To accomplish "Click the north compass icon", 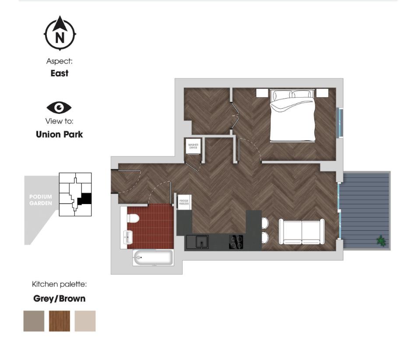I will point(60,33).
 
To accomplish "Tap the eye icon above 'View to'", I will point(59,107).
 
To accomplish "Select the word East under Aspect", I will point(60,74).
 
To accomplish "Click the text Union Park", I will point(60,134).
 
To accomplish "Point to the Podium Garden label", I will point(41,200).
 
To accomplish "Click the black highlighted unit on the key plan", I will point(85,199).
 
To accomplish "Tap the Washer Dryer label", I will point(193,147).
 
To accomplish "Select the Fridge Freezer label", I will point(183,202).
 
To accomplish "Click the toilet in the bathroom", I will point(133,218).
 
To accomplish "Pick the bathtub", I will point(153,258).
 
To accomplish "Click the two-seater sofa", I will point(302,232).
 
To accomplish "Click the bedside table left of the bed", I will point(262,93).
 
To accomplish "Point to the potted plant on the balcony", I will point(381,240).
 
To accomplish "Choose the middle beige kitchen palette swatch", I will point(85,321).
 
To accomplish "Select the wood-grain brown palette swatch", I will point(59,321).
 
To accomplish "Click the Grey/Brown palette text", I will point(60,299).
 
